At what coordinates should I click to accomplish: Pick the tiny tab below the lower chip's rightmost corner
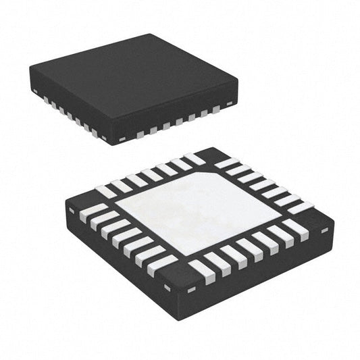(x=324, y=230)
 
